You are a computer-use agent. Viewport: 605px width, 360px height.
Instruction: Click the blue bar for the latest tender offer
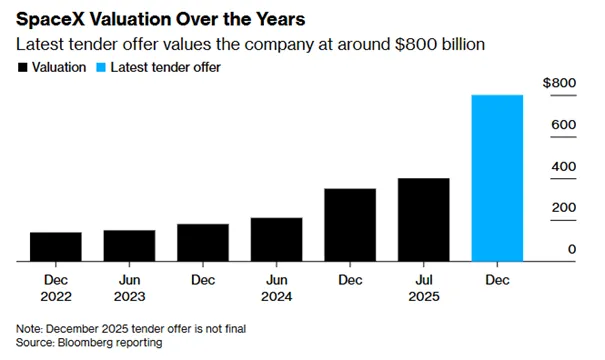(497, 178)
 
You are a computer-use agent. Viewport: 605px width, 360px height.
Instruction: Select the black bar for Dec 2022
(56, 247)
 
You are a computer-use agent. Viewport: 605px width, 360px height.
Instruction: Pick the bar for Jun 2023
(129, 246)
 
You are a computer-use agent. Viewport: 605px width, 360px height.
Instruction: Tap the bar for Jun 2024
(277, 240)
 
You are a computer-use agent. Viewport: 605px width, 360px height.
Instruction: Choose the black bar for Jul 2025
(424, 220)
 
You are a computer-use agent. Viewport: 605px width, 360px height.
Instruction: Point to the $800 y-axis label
(559, 83)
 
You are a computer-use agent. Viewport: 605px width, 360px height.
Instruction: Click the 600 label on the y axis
(564, 125)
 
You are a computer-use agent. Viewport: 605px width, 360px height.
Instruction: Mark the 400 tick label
(564, 166)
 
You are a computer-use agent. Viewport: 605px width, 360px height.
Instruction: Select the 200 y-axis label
(564, 208)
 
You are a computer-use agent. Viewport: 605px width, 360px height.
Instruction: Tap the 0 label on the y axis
(572, 249)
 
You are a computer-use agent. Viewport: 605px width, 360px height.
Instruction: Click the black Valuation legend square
(23, 68)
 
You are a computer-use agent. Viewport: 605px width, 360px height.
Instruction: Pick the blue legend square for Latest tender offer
(101, 68)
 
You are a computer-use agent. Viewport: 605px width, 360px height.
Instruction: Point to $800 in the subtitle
(416, 44)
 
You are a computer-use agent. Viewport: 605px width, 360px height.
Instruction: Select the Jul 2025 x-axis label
(424, 288)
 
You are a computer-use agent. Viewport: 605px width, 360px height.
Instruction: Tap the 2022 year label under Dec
(56, 297)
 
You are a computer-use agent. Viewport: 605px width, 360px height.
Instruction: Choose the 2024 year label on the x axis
(277, 297)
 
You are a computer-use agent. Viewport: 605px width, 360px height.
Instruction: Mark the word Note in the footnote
(29, 329)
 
